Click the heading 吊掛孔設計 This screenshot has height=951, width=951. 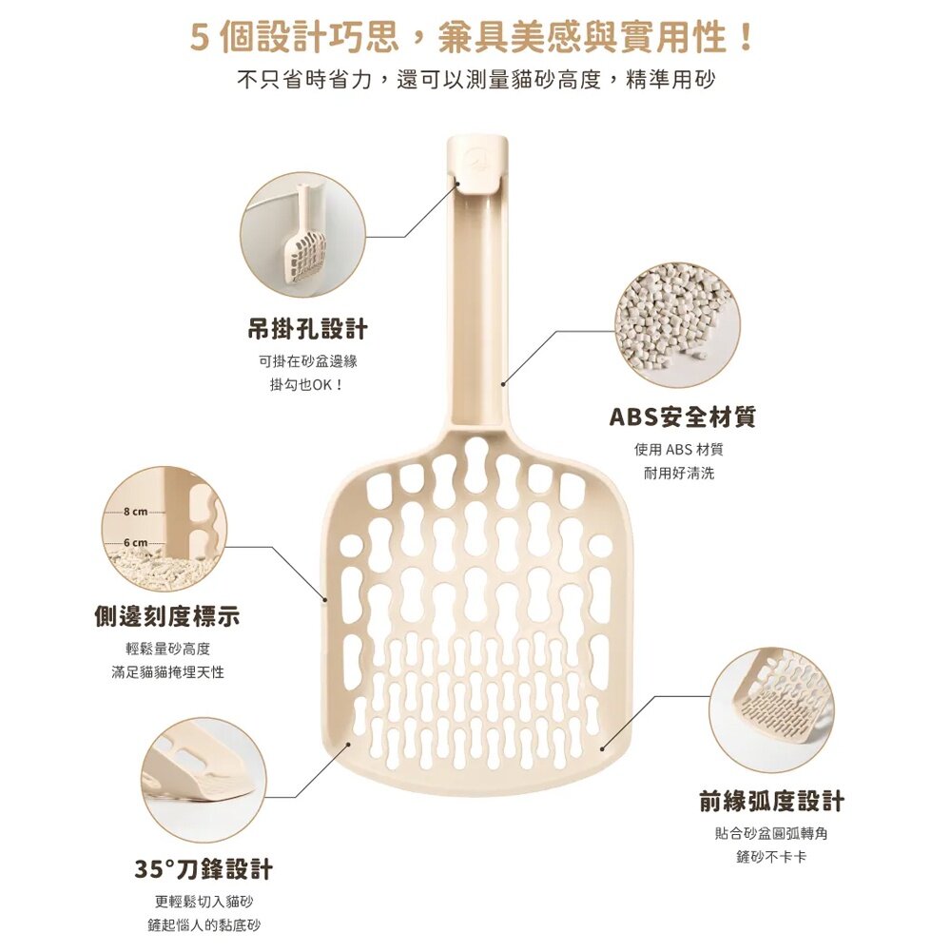(307, 329)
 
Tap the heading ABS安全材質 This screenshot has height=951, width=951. (682, 417)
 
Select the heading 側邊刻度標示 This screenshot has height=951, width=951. (167, 616)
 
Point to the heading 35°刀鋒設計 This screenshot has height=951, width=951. (204, 868)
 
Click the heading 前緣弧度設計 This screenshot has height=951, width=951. (771, 801)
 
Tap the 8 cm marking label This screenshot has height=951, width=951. (136, 512)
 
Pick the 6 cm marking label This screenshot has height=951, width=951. (136, 542)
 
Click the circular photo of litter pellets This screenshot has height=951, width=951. (677, 324)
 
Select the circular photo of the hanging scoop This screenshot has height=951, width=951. (303, 235)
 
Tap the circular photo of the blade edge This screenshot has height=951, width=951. (204, 780)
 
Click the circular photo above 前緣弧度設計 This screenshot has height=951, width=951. (771, 709)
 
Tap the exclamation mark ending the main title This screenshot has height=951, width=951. (747, 38)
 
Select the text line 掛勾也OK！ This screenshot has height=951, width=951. (307, 384)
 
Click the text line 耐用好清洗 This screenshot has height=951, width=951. (679, 473)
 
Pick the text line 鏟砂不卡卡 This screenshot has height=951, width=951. (771, 857)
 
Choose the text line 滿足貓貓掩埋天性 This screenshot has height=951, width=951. (167, 672)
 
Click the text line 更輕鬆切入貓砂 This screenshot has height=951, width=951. (204, 902)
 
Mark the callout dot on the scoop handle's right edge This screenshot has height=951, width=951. (503, 383)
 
